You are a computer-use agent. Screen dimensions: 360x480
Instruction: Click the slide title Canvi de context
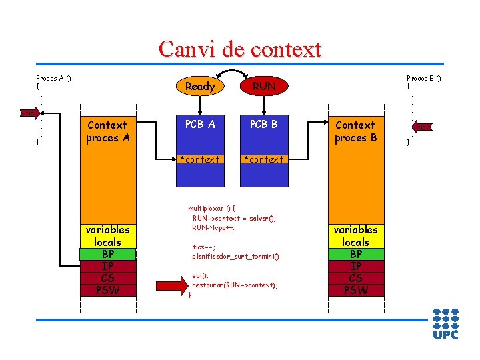[240, 49]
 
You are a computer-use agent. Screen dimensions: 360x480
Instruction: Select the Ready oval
[200, 86]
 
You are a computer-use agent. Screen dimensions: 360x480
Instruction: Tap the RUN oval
[264, 86]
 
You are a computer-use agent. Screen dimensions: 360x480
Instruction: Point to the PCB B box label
[264, 125]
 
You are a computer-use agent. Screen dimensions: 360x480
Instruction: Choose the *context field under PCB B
[264, 159]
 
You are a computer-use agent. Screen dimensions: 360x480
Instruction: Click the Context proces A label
[107, 131]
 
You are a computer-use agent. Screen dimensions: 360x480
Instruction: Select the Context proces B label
[355, 131]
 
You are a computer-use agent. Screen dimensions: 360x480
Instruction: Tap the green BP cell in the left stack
[107, 254]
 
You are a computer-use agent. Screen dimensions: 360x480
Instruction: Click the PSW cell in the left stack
[107, 290]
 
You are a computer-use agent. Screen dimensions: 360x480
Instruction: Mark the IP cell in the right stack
[356, 266]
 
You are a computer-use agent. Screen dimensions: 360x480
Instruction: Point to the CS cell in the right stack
[356, 278]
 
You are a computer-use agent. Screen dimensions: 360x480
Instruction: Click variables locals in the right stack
[356, 235]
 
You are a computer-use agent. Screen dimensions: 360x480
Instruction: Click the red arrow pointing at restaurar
[171, 285]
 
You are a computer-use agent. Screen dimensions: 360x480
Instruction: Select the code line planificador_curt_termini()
[235, 256]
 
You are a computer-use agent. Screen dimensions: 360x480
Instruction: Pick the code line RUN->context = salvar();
[234, 218]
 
